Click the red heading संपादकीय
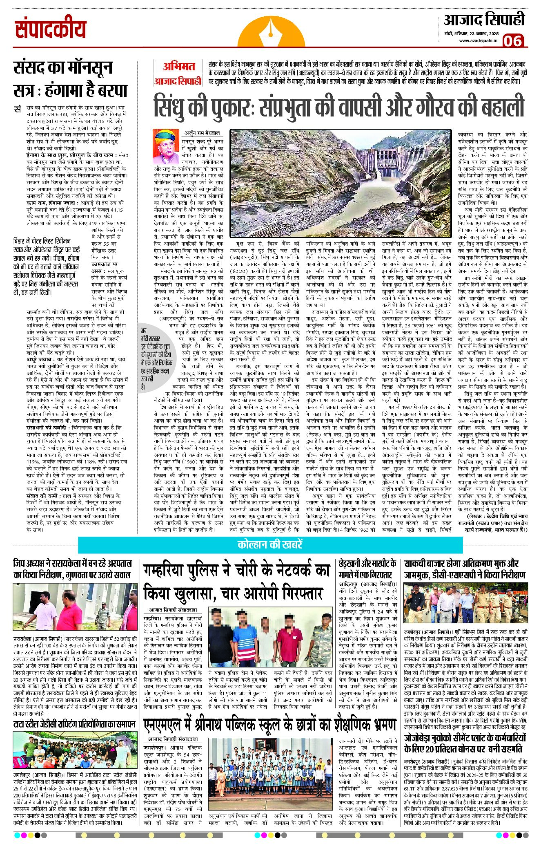pos(51,29)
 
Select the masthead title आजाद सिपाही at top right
pos(484,19)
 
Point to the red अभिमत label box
pos(178,66)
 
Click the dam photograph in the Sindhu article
pos(341,184)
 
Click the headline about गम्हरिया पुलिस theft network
pos(236,581)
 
